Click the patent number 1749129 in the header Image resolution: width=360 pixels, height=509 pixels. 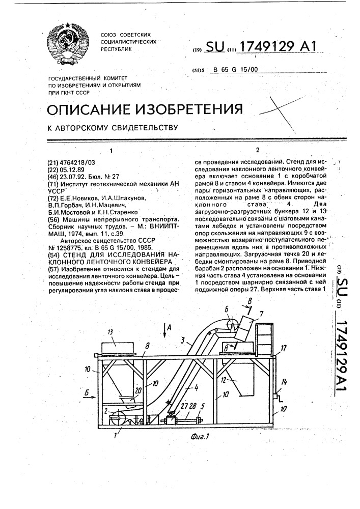(267, 47)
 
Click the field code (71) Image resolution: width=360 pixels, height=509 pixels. (53, 184)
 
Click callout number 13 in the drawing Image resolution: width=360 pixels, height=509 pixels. (111, 332)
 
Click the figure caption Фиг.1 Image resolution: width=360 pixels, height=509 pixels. (199, 436)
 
